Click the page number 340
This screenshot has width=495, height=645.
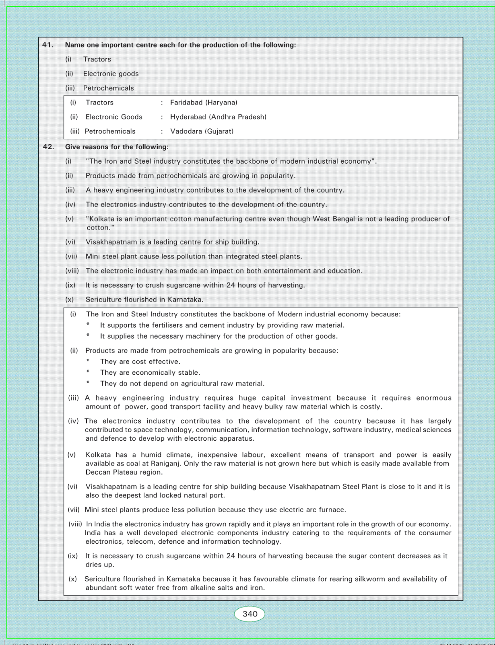[x=250, y=614]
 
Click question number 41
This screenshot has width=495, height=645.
[x=48, y=45]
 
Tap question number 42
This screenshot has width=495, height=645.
[x=48, y=147]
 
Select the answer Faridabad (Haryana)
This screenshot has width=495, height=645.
[x=204, y=103]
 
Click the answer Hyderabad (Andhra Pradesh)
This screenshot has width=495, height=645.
[x=218, y=117]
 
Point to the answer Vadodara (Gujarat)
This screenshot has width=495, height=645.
[x=202, y=131]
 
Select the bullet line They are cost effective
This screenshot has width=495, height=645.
[x=140, y=362]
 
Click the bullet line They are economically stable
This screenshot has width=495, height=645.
[x=150, y=373]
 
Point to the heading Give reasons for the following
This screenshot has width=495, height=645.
[x=117, y=147]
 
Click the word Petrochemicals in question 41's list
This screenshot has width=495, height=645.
[x=108, y=88]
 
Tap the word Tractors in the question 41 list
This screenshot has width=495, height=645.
[x=97, y=59]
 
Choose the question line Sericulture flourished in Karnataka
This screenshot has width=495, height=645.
[x=144, y=300]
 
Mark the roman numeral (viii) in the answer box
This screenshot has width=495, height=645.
[x=75, y=524]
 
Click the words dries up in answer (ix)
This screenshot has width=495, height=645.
[x=100, y=565]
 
